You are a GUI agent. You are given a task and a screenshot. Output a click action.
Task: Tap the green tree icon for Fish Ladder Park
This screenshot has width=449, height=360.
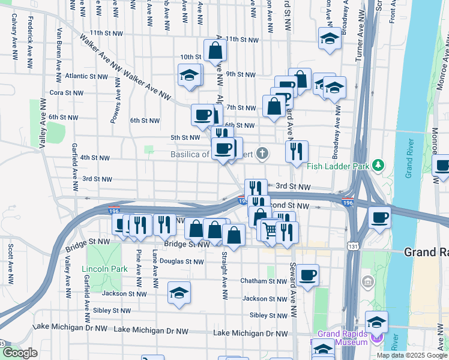tap(378, 164)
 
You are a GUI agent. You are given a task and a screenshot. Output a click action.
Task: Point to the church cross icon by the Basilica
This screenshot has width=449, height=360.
tap(262, 154)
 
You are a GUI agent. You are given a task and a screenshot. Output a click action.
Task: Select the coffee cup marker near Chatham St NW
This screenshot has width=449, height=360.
tap(308, 275)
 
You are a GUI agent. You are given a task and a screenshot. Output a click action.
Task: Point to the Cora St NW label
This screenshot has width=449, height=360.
tap(65, 92)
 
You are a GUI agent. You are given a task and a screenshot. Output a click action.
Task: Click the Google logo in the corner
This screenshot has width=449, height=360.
tap(20, 353)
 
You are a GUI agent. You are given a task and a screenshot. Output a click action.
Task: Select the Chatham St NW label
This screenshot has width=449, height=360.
tap(264, 281)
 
